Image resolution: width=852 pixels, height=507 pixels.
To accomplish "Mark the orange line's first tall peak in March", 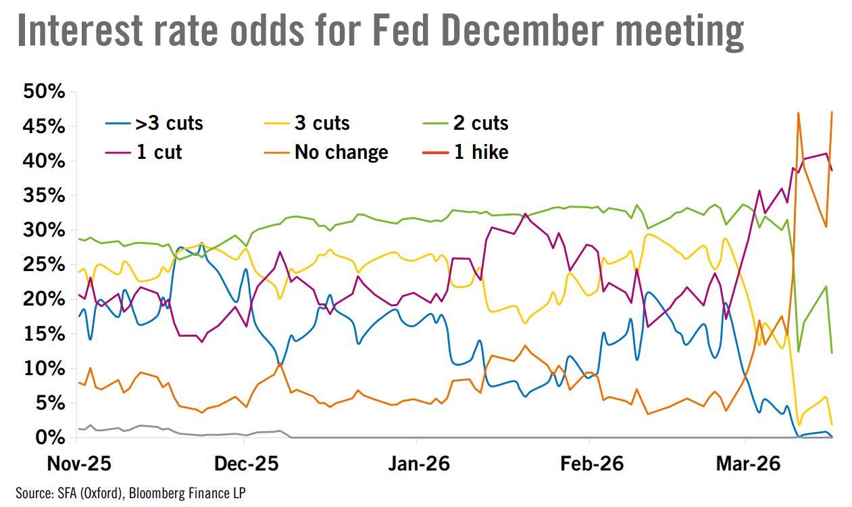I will (x=799, y=114).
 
